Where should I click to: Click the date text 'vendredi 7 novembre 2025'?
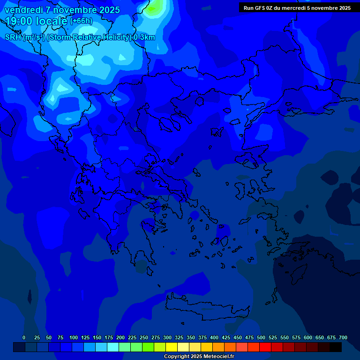point(62,10)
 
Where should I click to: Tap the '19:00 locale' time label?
point(37,21)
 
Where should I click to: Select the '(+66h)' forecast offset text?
point(81,21)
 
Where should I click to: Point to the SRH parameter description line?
point(80,37)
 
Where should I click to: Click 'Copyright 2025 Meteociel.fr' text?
point(199,357)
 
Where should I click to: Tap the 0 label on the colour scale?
point(24,337)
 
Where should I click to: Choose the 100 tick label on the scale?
point(74,337)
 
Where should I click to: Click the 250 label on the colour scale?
point(144,337)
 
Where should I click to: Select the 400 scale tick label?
point(214,337)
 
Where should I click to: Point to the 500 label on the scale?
point(261,337)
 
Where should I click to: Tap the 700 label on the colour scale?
point(343,337)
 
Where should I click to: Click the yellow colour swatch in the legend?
point(172,347)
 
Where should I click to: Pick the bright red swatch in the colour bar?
point(265,347)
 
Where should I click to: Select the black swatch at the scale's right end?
point(336,347)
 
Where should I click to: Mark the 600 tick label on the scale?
point(308,337)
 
